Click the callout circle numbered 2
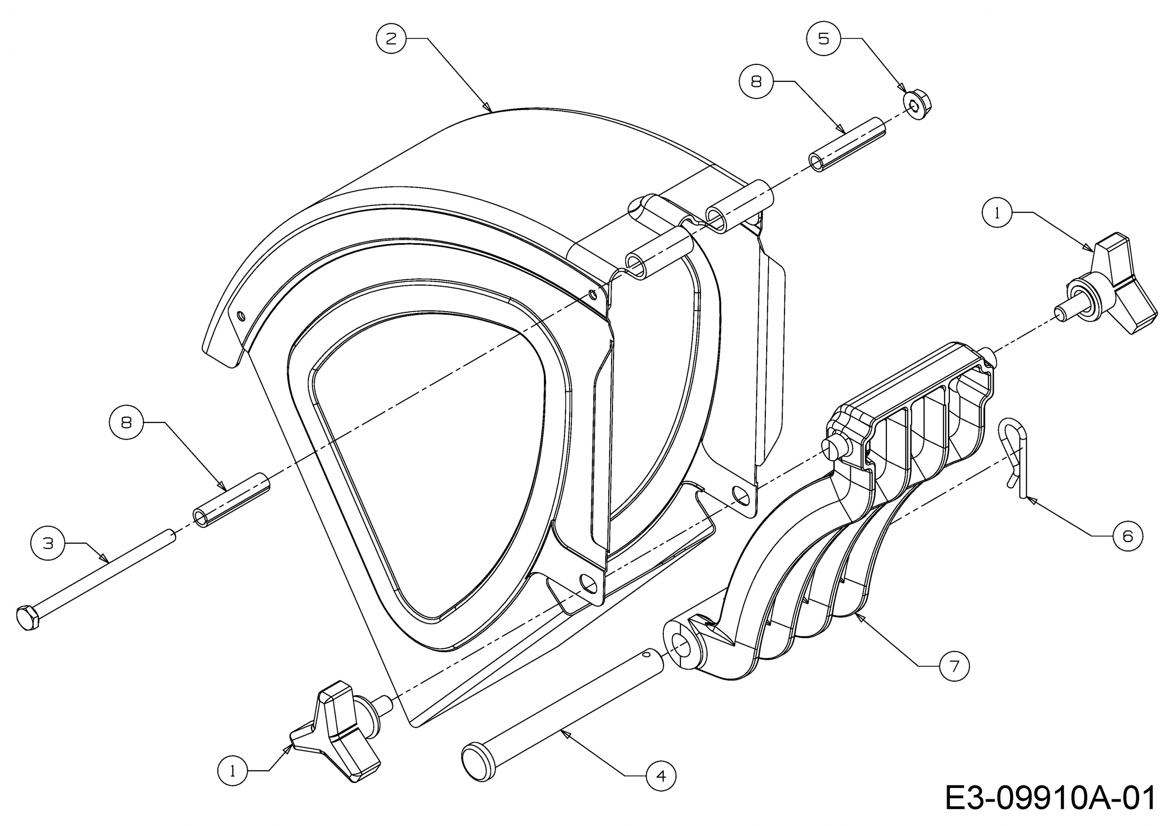(391, 39)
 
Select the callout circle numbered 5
(823, 39)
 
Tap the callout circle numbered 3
(48, 544)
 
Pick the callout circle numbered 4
(661, 776)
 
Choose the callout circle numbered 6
(1128, 535)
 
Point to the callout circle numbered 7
(954, 666)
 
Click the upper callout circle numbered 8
(756, 81)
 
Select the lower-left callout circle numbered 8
(126, 422)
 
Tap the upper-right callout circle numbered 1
(997, 213)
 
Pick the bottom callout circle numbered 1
(233, 772)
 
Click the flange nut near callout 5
(918, 105)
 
